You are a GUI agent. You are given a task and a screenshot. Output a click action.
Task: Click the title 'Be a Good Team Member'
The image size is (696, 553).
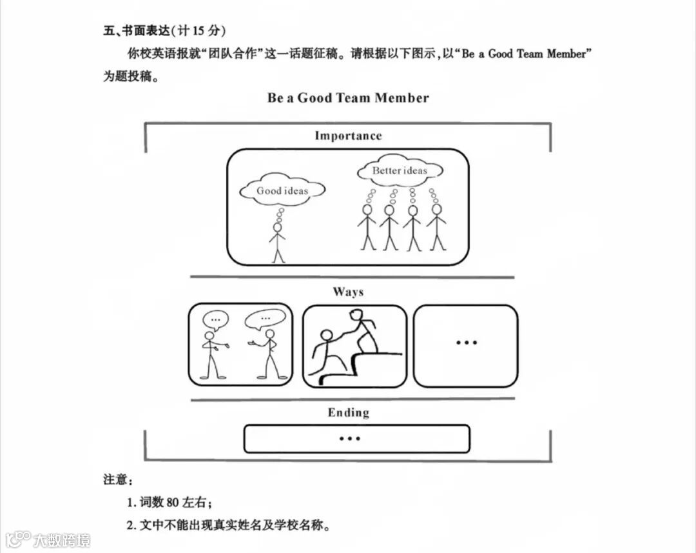click(x=348, y=98)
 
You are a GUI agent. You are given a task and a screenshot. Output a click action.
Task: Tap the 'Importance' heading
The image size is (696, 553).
click(x=348, y=136)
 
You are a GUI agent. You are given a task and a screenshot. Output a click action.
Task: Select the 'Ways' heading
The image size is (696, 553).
click(x=348, y=292)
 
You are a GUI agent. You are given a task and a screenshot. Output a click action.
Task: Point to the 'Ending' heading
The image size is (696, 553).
click(x=348, y=413)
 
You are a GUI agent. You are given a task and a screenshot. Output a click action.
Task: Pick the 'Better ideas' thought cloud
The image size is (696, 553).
click(x=400, y=171)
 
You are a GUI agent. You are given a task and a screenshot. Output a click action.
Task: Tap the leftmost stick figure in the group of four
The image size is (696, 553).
click(x=367, y=227)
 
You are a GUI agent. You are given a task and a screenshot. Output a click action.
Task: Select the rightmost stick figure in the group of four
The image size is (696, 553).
click(x=437, y=227)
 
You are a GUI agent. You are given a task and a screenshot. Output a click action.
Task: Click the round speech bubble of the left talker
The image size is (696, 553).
click(x=215, y=319)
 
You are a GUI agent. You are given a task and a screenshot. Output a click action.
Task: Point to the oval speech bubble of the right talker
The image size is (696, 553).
click(x=265, y=318)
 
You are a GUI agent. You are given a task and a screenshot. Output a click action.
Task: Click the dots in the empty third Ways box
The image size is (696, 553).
click(x=466, y=343)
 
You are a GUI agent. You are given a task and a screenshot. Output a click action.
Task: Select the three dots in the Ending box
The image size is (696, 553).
click(x=349, y=439)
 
